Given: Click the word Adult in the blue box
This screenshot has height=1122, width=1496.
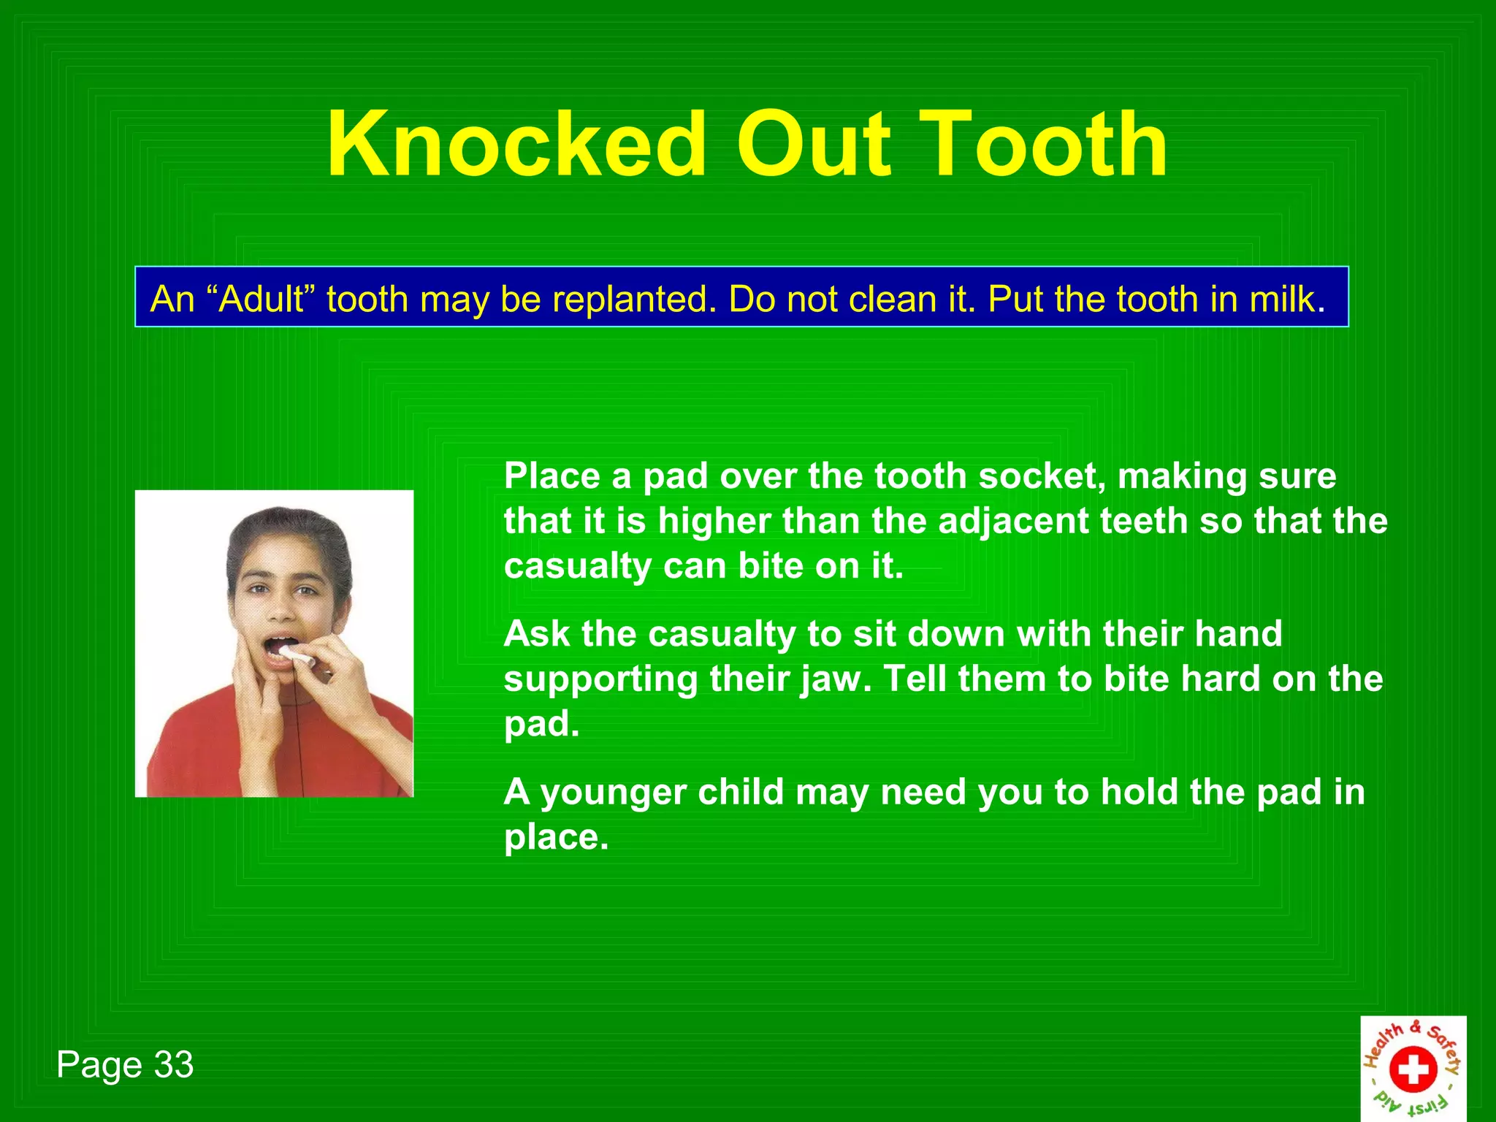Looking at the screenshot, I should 261,299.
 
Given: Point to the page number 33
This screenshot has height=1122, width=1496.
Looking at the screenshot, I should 173,1064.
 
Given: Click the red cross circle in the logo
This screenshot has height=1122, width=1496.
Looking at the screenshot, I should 1413,1070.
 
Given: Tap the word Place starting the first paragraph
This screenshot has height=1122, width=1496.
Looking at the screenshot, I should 552,476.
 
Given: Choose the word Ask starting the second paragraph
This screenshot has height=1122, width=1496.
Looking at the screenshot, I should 536,634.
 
